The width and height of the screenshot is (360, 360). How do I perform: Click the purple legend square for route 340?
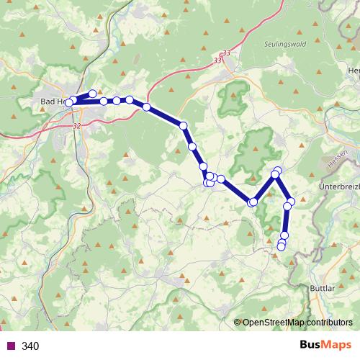[10, 346]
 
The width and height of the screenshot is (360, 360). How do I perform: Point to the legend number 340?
[30, 346]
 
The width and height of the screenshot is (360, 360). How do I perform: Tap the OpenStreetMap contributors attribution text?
[297, 322]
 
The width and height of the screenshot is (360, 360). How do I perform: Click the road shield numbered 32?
[76, 125]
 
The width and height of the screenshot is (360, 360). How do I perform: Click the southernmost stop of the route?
[281, 247]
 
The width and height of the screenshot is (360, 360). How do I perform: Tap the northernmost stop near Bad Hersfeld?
[92, 94]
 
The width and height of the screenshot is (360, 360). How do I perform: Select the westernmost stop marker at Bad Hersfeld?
[69, 103]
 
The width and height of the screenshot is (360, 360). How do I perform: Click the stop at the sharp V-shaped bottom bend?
[252, 202]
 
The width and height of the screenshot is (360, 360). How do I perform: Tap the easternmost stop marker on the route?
[291, 201]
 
